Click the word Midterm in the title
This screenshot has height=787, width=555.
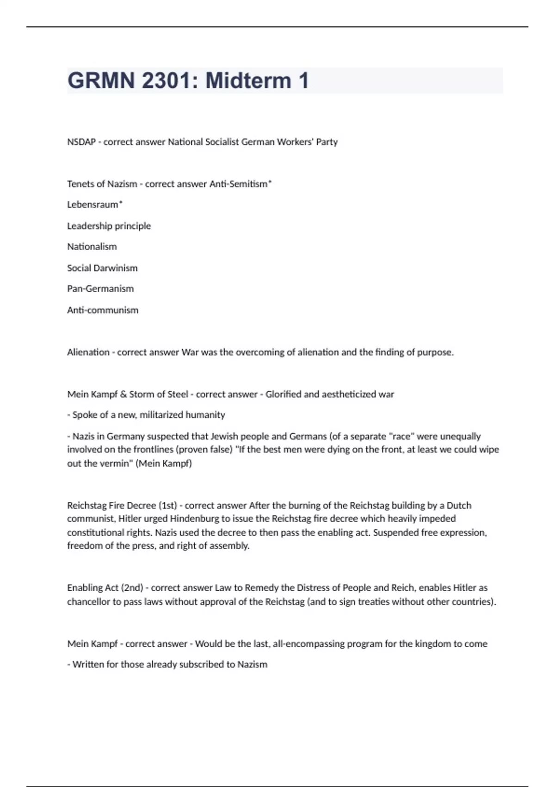point(248,81)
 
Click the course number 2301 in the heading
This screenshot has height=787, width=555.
point(166,81)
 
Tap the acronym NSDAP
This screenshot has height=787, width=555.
point(81,142)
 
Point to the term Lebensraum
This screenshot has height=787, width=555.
point(93,205)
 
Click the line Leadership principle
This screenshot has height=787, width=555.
point(109,226)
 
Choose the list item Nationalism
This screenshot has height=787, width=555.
point(92,247)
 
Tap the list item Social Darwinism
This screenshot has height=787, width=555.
point(102,268)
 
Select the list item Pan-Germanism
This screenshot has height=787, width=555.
point(100,289)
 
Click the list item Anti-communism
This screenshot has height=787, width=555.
point(103,310)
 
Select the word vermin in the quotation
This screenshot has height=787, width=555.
point(114,463)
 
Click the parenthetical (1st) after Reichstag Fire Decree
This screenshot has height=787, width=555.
point(168,506)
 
